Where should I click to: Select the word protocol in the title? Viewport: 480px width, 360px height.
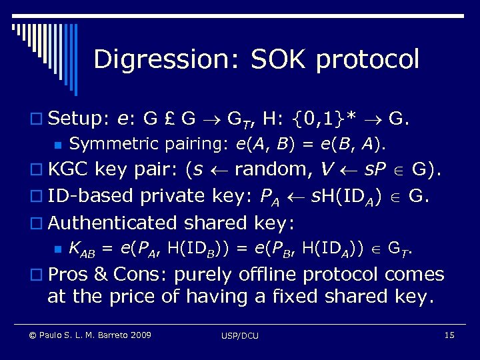coord(368,59)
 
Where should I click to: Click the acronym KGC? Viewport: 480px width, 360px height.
coord(69,169)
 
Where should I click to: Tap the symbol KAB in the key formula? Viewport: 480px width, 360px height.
coord(83,249)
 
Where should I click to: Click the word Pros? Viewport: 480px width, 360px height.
coord(69,274)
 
